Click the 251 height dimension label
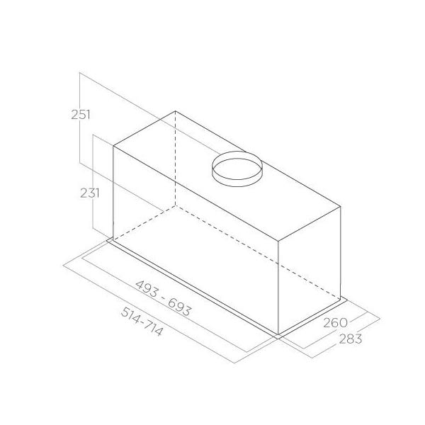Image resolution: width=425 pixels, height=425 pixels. coord(81,115)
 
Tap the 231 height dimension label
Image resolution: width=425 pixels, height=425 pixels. coord(90,193)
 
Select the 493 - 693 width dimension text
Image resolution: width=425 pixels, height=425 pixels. coord(163,298)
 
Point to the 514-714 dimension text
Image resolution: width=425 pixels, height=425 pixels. coord(142,322)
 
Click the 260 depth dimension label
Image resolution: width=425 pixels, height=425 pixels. coord(335,322)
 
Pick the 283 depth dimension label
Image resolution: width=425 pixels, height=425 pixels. coord(351,339)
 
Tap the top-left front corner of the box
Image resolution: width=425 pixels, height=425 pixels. coord(113,147)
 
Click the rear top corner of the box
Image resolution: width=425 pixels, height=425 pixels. coord(175,111)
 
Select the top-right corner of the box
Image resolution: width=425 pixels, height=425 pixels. coord(341,207)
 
